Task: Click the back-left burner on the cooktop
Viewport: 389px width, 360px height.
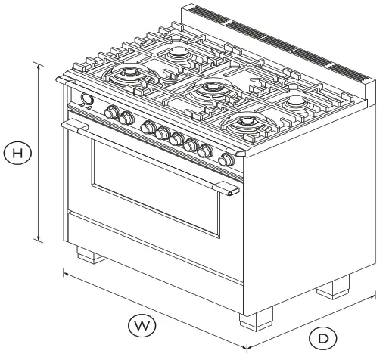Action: (179, 54)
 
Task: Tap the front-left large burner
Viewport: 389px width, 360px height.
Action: (126, 76)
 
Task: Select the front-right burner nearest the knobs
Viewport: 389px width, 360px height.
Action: (247, 122)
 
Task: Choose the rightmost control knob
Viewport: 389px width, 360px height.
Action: (225, 160)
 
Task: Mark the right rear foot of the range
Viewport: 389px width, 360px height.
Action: (333, 287)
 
